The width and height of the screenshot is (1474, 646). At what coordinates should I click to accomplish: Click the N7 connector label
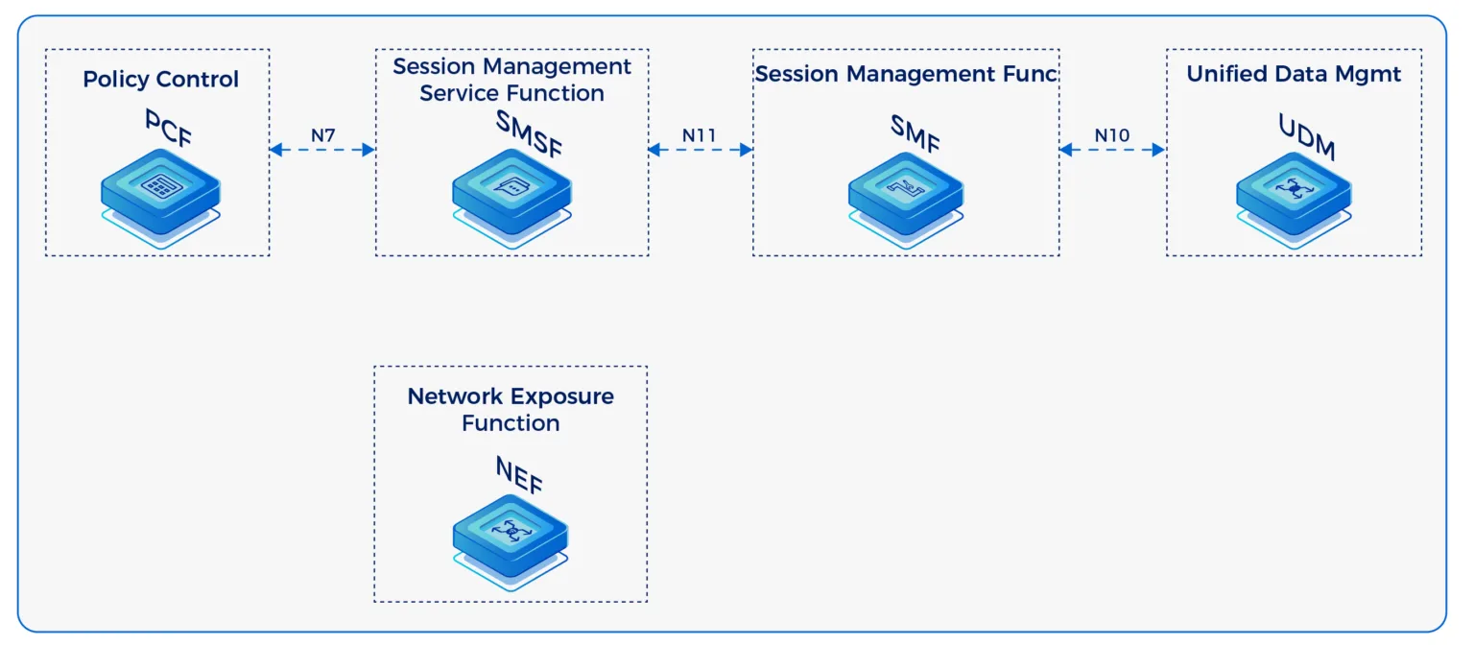click(x=322, y=135)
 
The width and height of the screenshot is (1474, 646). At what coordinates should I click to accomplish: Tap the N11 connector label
click(x=700, y=135)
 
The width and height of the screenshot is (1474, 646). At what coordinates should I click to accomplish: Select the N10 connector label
click(x=1111, y=135)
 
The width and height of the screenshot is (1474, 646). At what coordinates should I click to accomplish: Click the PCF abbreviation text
click(x=168, y=128)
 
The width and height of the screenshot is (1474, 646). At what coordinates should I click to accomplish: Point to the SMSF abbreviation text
click(x=529, y=133)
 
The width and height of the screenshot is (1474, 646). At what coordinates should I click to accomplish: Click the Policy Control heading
click(x=160, y=79)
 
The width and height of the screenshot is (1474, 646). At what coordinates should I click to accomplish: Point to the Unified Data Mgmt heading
click(x=1294, y=74)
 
